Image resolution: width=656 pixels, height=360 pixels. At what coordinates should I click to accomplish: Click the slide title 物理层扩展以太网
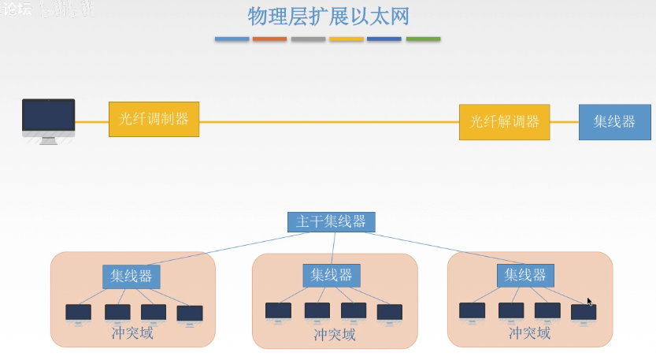328,17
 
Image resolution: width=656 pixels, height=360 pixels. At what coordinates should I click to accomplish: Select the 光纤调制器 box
154,120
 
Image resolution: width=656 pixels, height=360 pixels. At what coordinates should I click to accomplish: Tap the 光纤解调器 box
505,122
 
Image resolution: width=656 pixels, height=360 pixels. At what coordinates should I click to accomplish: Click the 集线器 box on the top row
614,122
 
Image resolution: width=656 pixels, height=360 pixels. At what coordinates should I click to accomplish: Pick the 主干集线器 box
331,222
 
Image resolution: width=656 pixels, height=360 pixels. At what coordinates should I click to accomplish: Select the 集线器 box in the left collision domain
132,276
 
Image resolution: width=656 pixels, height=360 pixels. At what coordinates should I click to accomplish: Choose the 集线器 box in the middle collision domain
331,276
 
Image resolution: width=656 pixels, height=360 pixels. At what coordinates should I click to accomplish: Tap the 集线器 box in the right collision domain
525,275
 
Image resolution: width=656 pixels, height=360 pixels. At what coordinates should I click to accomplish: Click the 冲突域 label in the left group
132,332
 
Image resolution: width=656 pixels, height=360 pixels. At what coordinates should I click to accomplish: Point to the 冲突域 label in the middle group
335,334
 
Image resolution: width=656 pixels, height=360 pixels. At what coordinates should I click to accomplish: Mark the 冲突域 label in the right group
529,332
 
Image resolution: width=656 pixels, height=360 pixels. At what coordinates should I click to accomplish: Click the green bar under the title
423,39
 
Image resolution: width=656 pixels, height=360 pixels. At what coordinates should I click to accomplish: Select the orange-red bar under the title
269,39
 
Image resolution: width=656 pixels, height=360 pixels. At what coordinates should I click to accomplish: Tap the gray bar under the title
308,39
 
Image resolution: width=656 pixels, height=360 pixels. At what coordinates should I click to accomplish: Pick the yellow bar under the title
347,39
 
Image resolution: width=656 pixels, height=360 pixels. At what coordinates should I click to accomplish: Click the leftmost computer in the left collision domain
78,313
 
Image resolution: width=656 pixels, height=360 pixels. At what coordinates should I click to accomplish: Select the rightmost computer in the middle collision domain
390,313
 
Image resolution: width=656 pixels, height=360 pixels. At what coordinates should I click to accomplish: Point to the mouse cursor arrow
589,301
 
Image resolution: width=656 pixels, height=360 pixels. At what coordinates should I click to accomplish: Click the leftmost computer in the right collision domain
472,311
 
